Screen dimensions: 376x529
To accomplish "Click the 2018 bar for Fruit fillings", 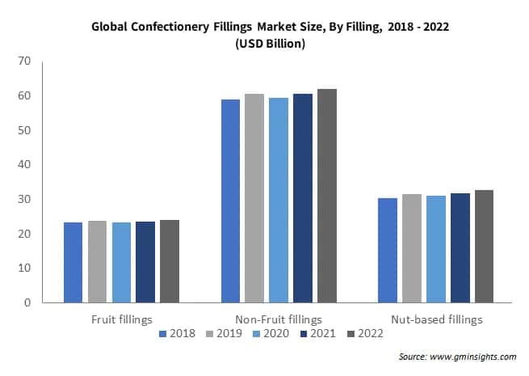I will coord(73,262).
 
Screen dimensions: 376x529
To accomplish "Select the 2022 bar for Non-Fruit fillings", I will coord(327,196).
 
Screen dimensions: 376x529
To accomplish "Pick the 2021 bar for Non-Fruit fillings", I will coord(303,198).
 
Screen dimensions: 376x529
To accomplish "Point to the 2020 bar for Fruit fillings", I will coord(121,262).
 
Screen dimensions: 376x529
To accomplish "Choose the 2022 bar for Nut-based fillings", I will coord(484,246).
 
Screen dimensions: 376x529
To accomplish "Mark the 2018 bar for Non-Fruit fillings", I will coord(231,201).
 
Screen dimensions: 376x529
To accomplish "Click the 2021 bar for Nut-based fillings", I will coord(460,247).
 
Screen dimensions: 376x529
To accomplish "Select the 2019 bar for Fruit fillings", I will coord(97,261).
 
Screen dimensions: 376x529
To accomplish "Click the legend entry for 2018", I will coord(179,333).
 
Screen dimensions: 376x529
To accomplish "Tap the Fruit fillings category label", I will coord(121,319).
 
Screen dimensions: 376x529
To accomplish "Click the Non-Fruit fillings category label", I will coord(279,319).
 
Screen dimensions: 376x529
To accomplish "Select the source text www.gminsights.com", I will coord(472,356).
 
